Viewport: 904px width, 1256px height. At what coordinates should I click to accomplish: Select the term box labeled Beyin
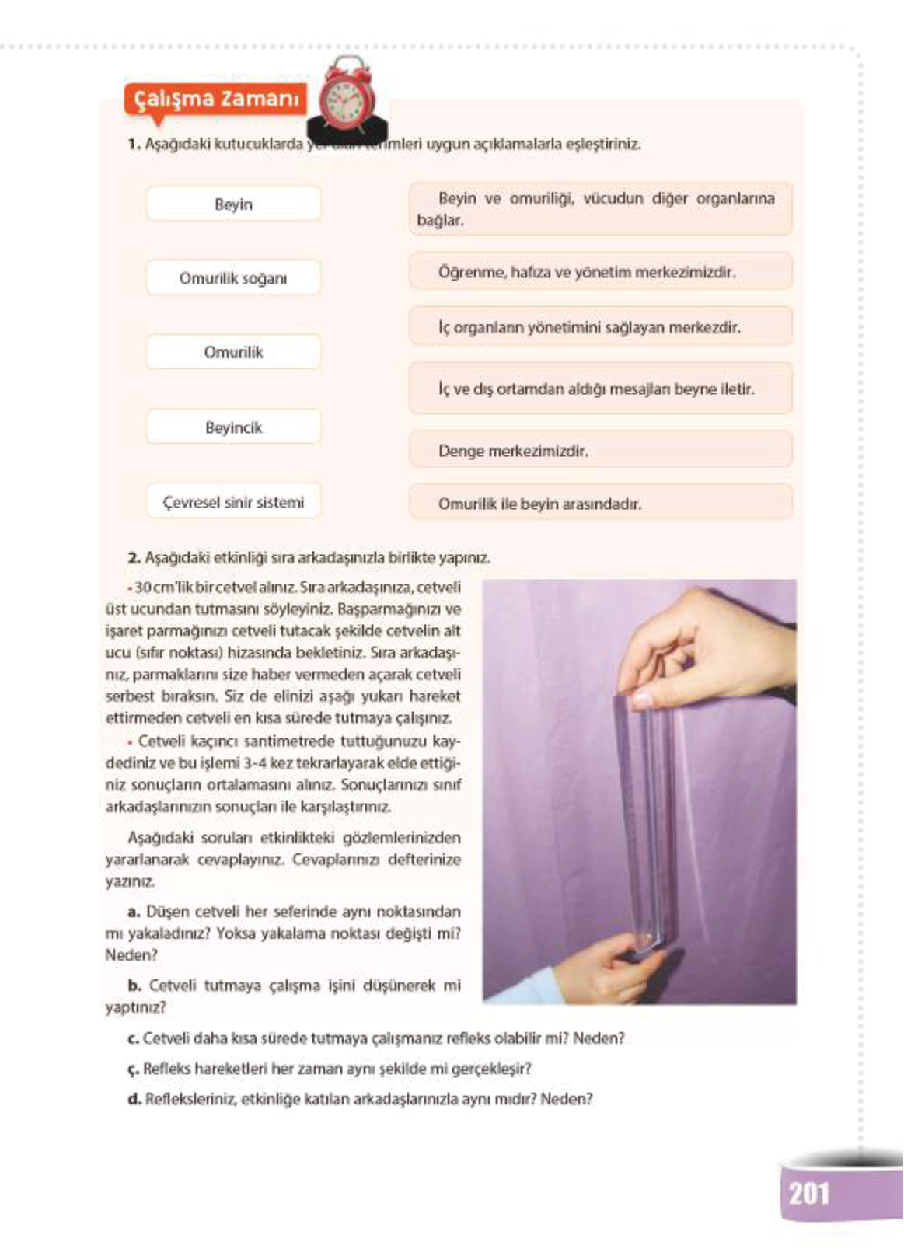(233, 204)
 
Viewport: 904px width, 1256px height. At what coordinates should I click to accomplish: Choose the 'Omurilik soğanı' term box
(233, 278)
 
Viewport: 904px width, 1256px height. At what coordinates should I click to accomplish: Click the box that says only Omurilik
(233, 352)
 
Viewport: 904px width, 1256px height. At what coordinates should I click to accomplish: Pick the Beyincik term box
(233, 427)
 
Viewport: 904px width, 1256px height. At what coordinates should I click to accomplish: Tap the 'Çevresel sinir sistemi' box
(233, 502)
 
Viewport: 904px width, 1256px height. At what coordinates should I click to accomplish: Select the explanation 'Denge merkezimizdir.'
(600, 451)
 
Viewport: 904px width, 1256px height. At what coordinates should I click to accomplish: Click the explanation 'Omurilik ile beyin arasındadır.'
(600, 504)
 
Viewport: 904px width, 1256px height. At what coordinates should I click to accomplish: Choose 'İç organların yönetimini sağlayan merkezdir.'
(600, 327)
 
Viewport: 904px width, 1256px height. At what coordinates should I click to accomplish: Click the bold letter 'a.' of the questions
(134, 912)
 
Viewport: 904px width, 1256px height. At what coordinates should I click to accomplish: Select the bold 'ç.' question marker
(133, 1069)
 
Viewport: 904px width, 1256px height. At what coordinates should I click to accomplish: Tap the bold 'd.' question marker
(134, 1100)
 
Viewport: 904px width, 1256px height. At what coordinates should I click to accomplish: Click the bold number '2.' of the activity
(134, 558)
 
